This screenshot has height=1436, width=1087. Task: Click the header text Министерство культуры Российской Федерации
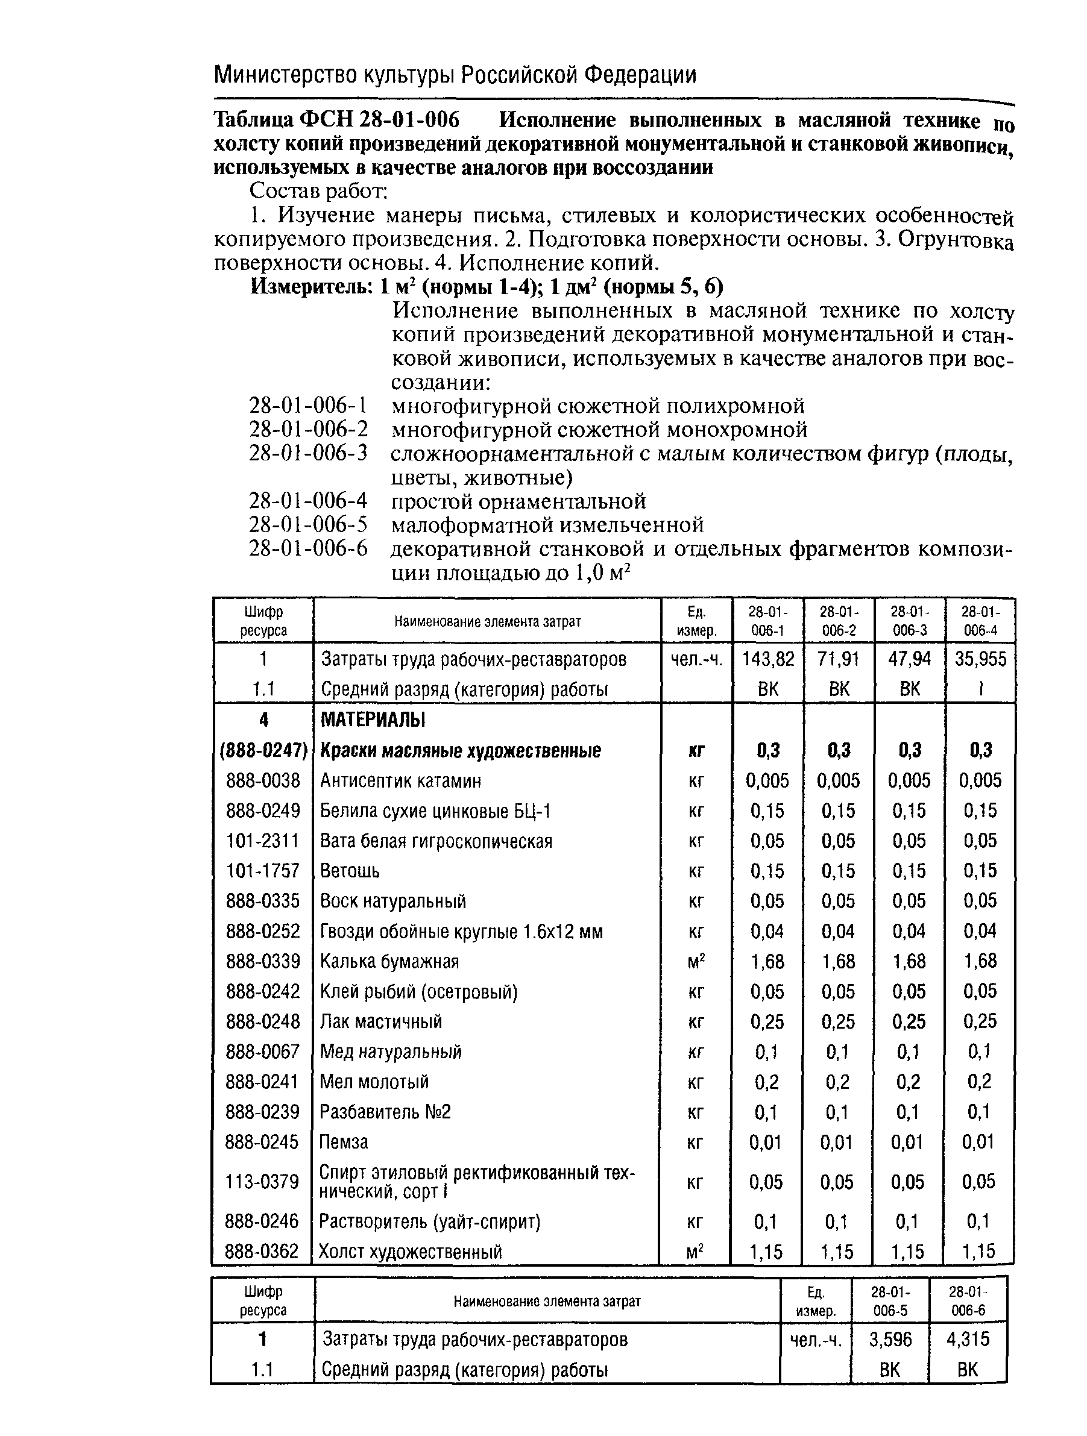[x=455, y=75]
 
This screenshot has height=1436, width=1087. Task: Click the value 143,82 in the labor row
[x=767, y=659]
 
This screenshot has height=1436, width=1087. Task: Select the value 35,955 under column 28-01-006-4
[x=980, y=659]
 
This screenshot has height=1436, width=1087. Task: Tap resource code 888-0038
[x=263, y=780]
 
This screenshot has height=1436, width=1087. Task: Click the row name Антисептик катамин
[x=401, y=780]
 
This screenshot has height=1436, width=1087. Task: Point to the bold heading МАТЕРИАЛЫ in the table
[x=373, y=720]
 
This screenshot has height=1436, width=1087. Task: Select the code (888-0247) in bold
[x=263, y=750]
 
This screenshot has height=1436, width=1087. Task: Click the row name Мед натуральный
[x=390, y=1051]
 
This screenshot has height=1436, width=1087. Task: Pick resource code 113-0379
[x=262, y=1181]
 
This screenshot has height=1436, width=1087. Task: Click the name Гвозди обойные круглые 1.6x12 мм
[x=461, y=931]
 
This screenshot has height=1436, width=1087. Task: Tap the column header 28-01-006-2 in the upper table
[x=838, y=621]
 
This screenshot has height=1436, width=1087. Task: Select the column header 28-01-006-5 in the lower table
[x=890, y=1300]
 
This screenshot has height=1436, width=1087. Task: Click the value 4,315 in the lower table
[x=968, y=1338]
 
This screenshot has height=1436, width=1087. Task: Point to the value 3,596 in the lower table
[x=890, y=1338]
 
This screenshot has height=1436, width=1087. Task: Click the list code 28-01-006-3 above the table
[x=308, y=453]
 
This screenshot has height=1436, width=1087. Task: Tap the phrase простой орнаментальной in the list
[x=518, y=501]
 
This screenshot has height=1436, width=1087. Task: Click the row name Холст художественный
[x=411, y=1251]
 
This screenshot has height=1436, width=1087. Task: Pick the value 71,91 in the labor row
[x=838, y=659]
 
